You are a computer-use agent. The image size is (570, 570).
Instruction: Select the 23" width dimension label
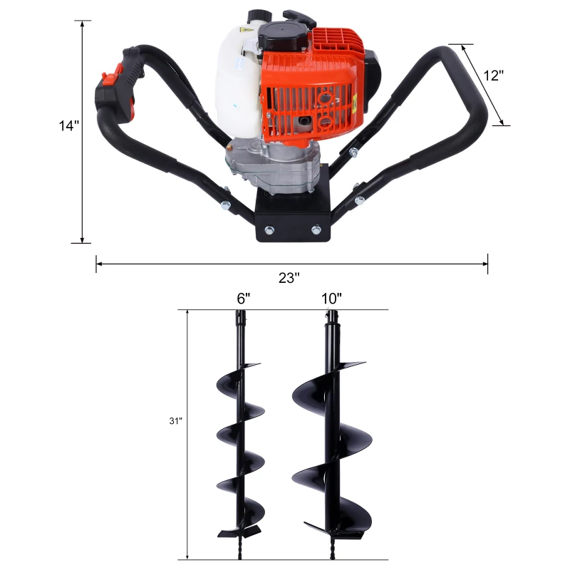[x=289, y=278]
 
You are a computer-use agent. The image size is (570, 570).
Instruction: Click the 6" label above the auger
[x=244, y=299]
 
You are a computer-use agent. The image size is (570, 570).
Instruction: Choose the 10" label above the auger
[x=331, y=299]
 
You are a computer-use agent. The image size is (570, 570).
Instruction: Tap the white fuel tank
[x=235, y=78]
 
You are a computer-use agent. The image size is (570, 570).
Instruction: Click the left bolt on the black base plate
[x=269, y=229]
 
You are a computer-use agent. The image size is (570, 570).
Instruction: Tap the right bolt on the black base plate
[x=315, y=229]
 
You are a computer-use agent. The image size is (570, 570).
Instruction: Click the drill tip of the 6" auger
[x=237, y=550]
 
